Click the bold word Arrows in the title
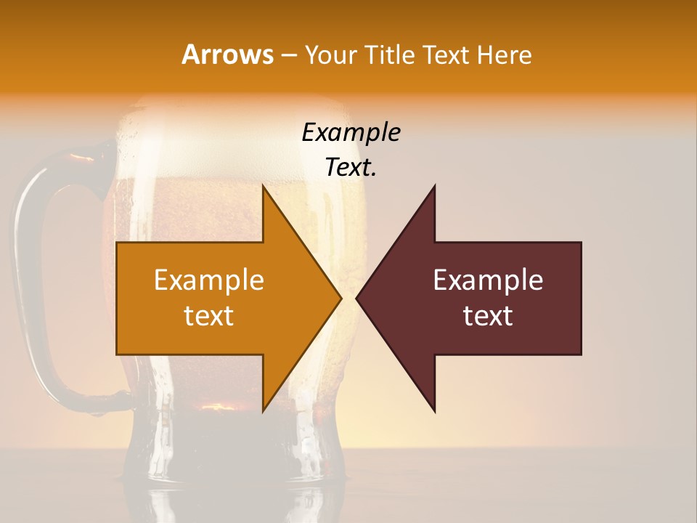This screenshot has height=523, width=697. pyautogui.click(x=227, y=54)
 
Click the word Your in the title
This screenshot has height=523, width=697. pyautogui.click(x=330, y=54)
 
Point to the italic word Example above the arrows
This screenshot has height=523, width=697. pyautogui.click(x=351, y=133)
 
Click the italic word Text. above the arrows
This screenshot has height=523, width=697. pyautogui.click(x=351, y=168)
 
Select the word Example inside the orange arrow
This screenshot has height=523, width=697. pyautogui.click(x=209, y=280)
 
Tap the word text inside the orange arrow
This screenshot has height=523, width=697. pyautogui.click(x=209, y=316)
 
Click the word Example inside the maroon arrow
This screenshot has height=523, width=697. pyautogui.click(x=488, y=280)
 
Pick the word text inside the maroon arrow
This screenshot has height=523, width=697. pyautogui.click(x=488, y=316)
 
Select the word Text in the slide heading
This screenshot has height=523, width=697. pyautogui.click(x=449, y=54)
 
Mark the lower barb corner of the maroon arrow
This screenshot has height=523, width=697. pyautogui.click(x=434, y=410)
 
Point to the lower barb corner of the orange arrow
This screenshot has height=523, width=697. pyautogui.click(x=264, y=410)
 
